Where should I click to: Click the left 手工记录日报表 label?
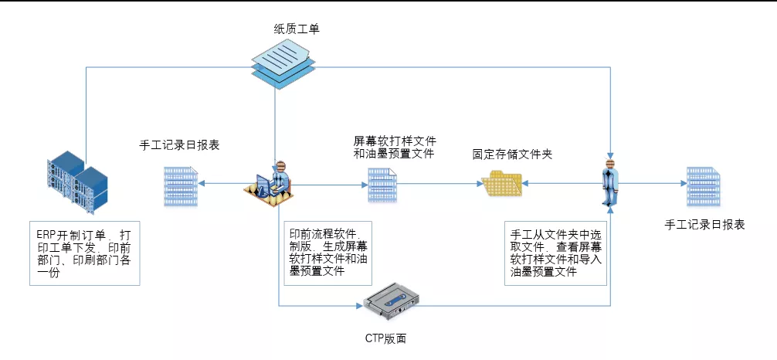coord(179,144)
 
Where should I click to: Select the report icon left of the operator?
coord(179,185)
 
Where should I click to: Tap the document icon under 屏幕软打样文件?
coord(382,185)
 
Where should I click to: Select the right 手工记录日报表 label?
coord(705,224)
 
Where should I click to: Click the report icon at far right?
coord(704,185)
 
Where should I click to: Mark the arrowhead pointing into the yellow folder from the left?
coord(476,185)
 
